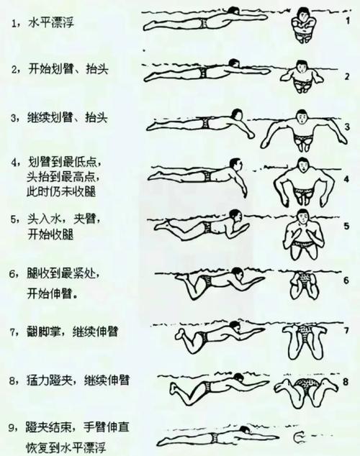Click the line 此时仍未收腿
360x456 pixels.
tap(63, 192)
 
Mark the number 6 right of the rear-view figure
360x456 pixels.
tap(346, 279)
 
